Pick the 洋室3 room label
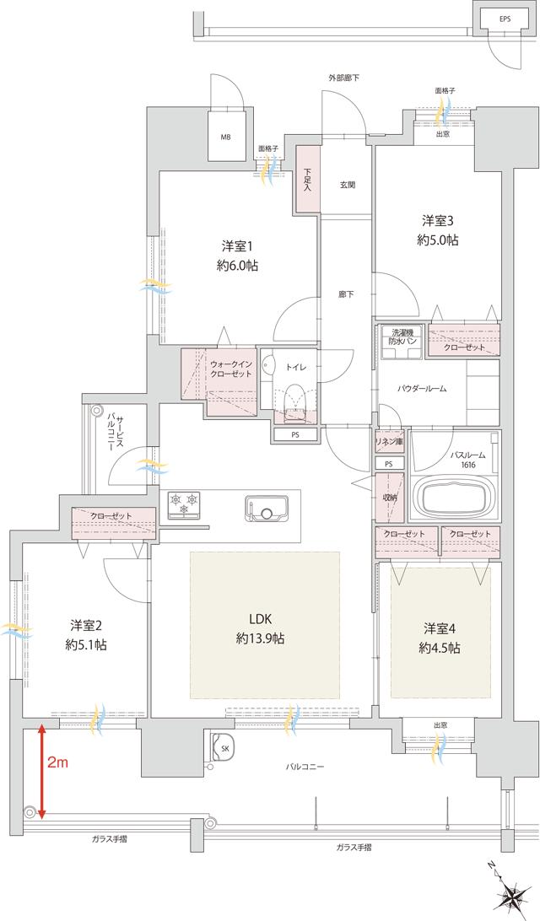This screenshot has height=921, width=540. [x=437, y=229]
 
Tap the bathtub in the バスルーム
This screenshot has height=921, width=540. [x=453, y=499]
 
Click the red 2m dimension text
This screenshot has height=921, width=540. [x=57, y=763]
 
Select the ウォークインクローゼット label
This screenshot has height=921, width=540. [x=230, y=369]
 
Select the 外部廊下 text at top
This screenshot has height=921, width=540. [x=343, y=78]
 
